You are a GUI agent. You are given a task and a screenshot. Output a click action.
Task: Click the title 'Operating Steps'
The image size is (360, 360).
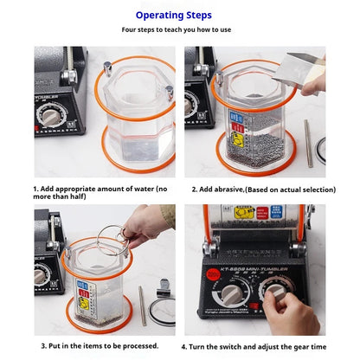[x=179, y=15]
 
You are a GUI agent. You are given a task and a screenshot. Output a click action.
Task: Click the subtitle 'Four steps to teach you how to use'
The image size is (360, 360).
[x=179, y=30]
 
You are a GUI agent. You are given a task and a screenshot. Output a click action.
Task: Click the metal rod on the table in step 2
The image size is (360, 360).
[x=308, y=142]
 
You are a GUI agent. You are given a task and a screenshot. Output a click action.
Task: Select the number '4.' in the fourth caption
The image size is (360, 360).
[x=196, y=344]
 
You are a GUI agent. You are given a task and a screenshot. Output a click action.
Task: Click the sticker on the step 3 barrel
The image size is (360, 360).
[x=84, y=293]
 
